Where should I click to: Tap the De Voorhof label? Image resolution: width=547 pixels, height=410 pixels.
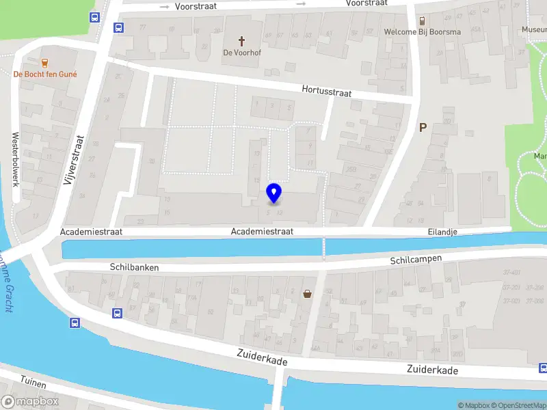[x=241, y=53]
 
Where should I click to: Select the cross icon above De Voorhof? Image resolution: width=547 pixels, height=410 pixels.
[x=241, y=41]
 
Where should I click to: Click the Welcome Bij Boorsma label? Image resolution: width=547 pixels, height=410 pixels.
[x=422, y=32]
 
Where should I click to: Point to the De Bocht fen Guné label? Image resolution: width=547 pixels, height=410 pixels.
[x=45, y=74]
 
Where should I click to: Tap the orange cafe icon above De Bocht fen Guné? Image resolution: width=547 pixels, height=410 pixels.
[x=45, y=62]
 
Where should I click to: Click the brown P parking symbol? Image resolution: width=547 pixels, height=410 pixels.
[x=423, y=127]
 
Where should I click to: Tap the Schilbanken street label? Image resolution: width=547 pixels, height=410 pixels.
[x=134, y=268]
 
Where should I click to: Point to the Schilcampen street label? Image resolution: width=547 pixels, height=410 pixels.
[x=416, y=260]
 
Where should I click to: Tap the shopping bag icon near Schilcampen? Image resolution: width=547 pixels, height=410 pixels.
[x=308, y=295]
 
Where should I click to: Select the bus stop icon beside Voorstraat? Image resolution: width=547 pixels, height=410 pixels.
[x=118, y=28]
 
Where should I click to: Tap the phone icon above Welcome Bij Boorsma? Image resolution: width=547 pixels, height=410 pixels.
[x=423, y=20]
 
